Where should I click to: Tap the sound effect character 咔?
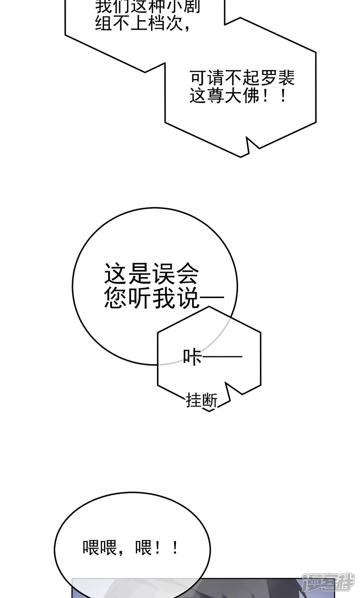point(193,357)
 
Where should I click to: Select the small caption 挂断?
point(202,400)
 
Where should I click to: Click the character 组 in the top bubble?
point(103,23)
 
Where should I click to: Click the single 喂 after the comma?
point(143,548)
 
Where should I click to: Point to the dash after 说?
point(211,298)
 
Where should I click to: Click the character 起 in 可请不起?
point(252,78)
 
